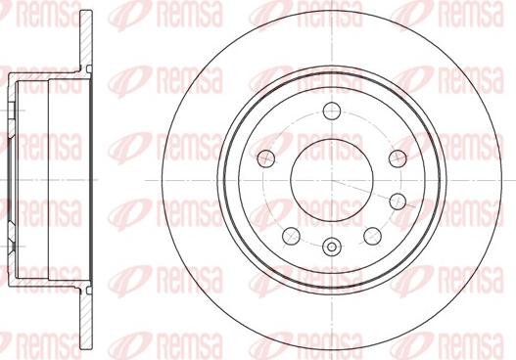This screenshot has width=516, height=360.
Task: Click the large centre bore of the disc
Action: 332,181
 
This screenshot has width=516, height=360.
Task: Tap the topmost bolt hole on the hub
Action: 331,111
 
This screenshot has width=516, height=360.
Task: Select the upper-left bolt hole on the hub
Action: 266,158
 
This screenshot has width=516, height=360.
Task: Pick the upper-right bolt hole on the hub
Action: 398,158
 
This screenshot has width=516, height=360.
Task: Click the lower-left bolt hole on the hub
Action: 291,236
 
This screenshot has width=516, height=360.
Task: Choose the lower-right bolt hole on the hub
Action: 372,236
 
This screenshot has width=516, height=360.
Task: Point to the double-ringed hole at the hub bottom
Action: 332,247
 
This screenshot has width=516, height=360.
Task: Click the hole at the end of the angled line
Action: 398,201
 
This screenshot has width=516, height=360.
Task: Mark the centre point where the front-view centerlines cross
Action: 332,181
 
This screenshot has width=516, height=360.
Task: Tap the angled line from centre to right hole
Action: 373,194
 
